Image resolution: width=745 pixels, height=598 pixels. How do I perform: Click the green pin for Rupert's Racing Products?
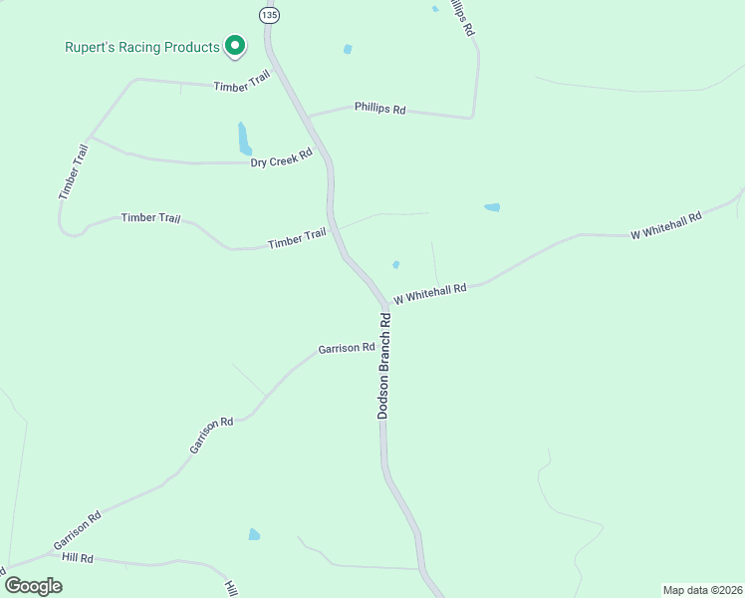point(235,45)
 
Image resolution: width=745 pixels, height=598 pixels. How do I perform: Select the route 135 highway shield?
point(270,14)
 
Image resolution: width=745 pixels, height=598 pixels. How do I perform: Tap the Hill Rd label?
point(77,559)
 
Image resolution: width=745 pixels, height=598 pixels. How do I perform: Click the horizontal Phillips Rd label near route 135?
point(379,109)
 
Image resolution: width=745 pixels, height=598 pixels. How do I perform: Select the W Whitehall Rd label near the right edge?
point(666,225)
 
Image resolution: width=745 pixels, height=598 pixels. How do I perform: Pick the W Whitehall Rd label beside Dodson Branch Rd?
point(430,293)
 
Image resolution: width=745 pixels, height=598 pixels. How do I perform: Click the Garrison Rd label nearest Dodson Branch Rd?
point(346,349)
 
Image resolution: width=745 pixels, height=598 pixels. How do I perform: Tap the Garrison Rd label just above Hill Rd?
point(78,530)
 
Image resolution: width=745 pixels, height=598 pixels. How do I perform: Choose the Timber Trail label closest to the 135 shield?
point(242,84)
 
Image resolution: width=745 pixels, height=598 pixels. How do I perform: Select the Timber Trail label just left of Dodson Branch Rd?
point(297,238)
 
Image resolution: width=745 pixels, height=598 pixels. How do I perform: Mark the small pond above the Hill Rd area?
point(254,535)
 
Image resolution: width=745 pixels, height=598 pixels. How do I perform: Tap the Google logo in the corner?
point(33,585)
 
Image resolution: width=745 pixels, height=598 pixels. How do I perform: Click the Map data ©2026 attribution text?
point(702,589)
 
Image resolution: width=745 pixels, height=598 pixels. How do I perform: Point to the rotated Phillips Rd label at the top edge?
point(461,17)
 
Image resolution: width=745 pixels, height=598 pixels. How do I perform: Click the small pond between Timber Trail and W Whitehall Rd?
point(396,264)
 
